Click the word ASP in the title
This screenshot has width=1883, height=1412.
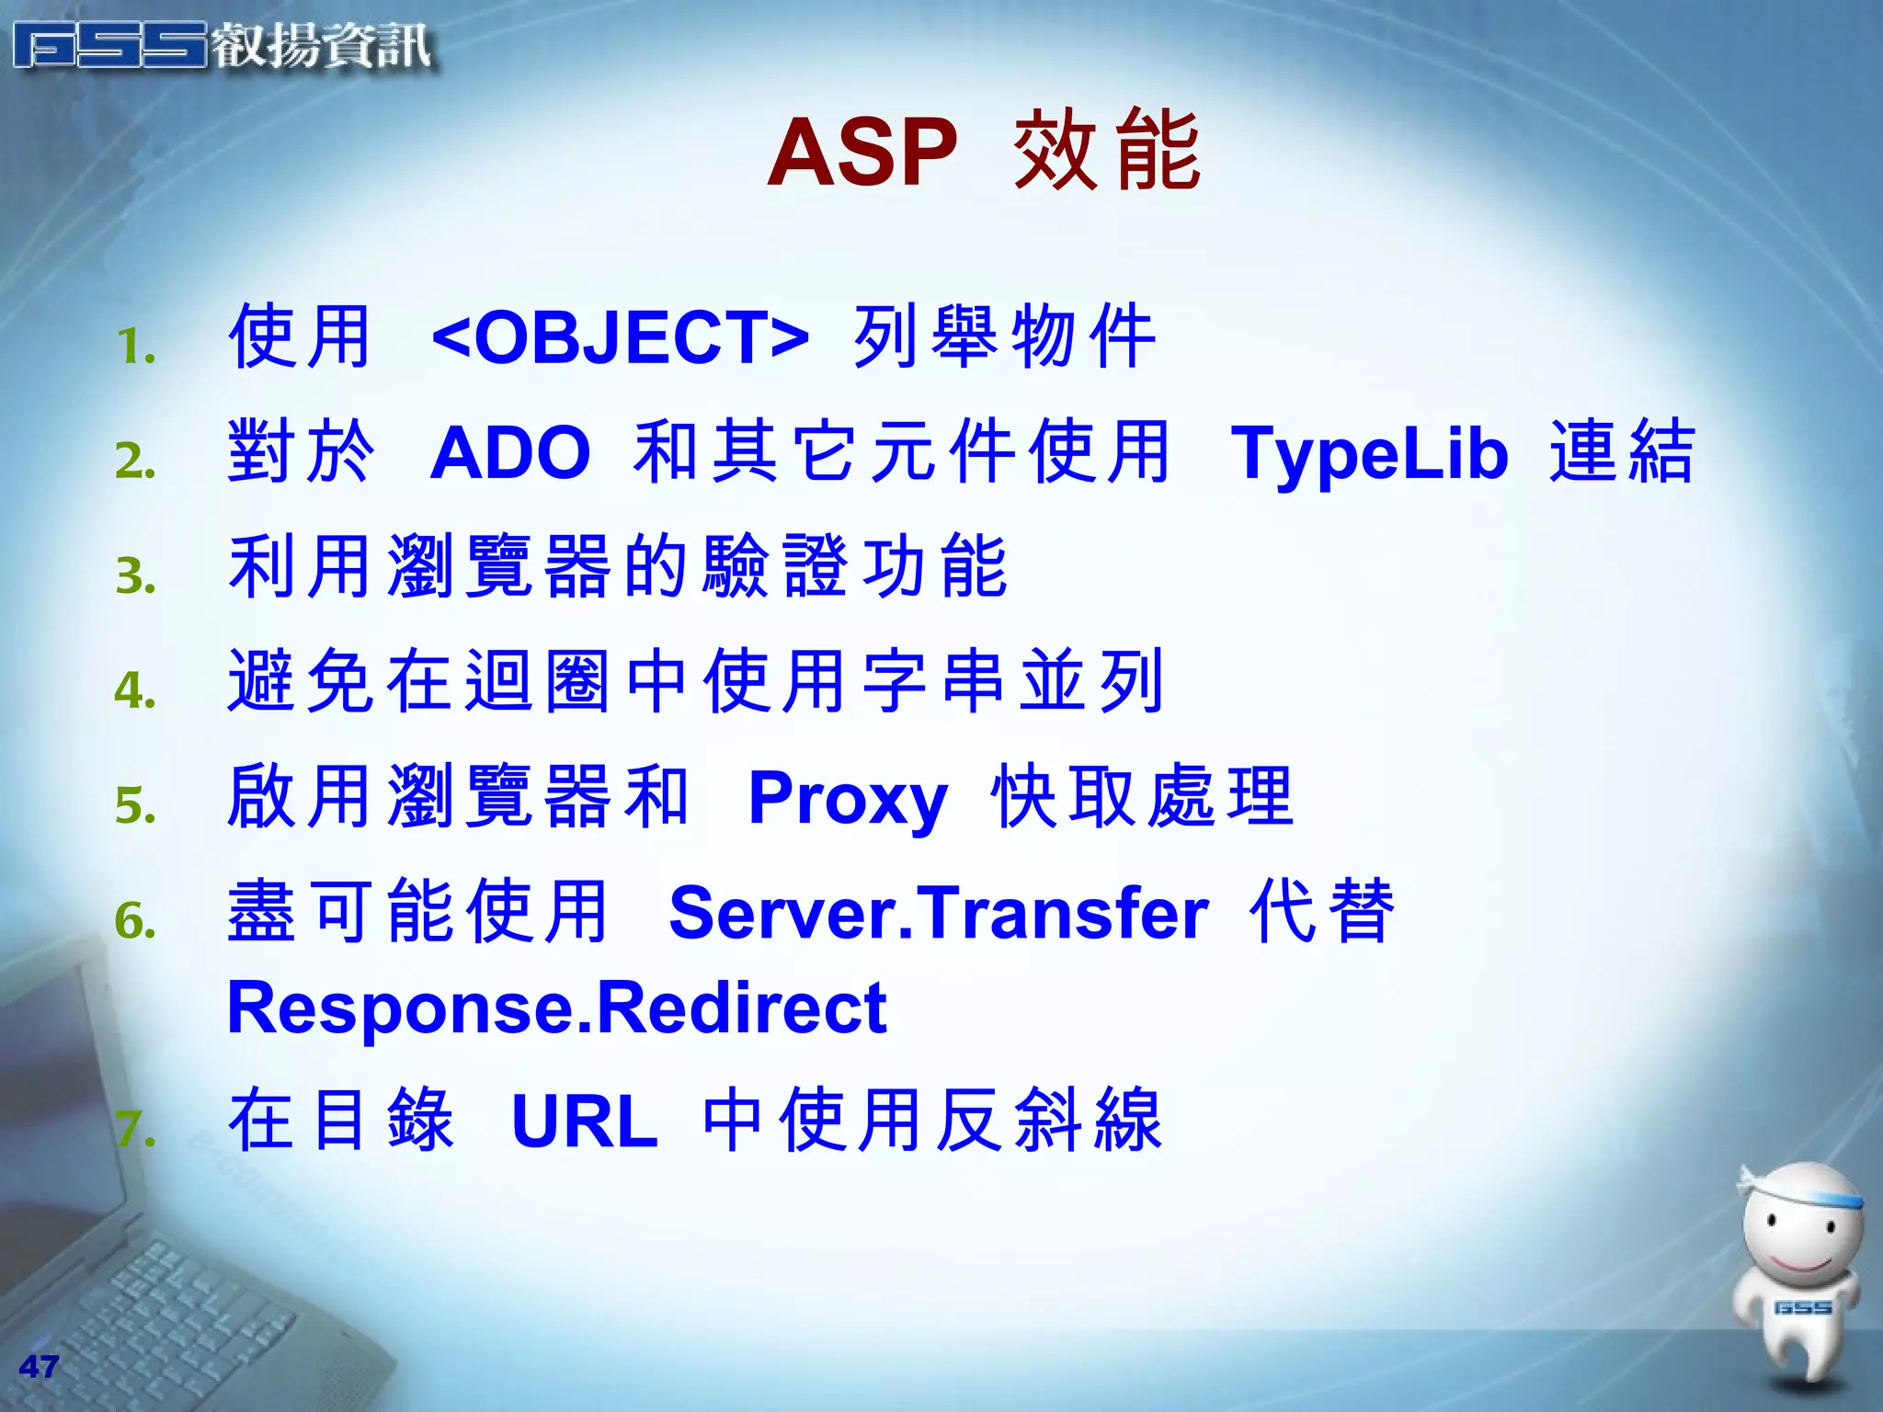(862, 153)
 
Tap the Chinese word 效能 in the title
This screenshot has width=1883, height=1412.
(1107, 151)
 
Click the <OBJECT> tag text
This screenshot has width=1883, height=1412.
(620, 336)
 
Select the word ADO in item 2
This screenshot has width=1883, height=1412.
(510, 452)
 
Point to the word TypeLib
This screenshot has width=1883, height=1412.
(1369, 454)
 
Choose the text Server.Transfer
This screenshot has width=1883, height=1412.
(938, 913)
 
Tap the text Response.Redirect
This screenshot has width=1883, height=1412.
(556, 1008)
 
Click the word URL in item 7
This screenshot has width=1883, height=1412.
(585, 1122)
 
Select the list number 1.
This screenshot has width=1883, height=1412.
(136, 347)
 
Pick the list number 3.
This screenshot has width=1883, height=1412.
(135, 576)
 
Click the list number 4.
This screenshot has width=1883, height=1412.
(135, 690)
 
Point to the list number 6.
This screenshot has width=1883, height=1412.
(135, 920)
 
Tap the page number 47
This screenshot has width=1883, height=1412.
(39, 1366)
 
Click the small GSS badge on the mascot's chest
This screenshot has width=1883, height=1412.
(1802, 1307)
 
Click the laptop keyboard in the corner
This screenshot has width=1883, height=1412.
(165, 1305)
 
